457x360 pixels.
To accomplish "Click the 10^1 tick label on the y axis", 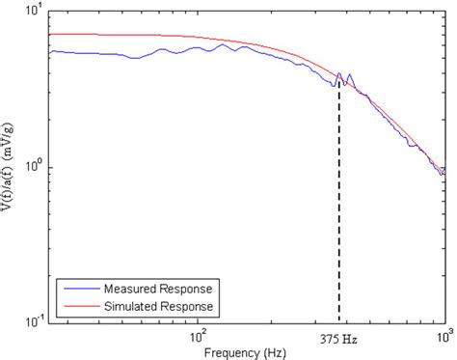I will click(33, 13).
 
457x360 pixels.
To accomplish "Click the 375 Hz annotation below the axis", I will click(338, 340).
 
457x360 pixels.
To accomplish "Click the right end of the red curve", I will click(444, 167).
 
